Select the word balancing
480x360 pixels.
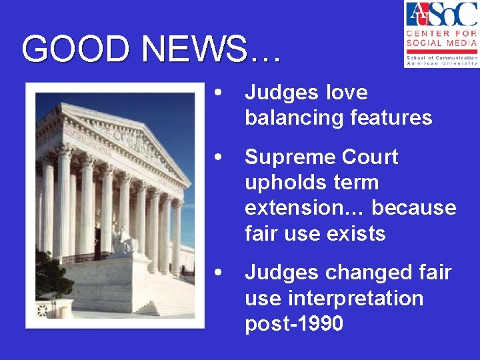pyautogui.click(x=295, y=118)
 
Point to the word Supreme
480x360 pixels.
pyautogui.click(x=290, y=157)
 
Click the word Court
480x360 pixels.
pyautogui.click(x=369, y=157)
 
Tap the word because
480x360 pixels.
pyautogui.click(x=414, y=208)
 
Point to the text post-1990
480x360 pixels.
pyautogui.click(x=294, y=323)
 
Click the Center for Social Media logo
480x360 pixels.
pyautogui.click(x=441, y=34)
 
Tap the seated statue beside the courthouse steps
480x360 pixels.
pyautogui.click(x=123, y=241)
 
